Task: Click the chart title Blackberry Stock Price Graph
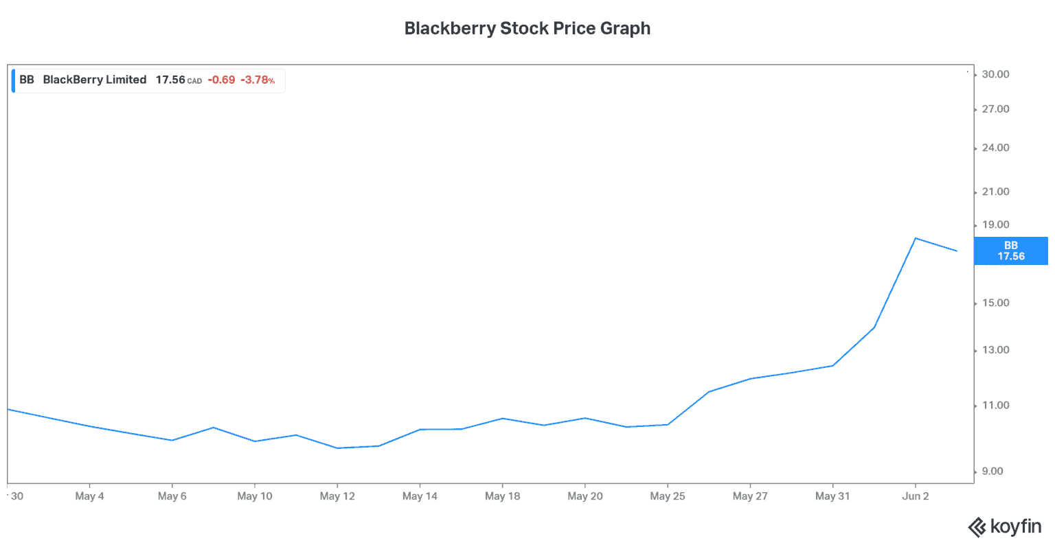(x=527, y=29)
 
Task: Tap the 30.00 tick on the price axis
(x=995, y=74)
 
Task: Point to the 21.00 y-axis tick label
(x=995, y=192)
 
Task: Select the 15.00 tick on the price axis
(x=995, y=303)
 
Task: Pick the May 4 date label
(x=89, y=496)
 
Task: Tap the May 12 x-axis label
(x=337, y=496)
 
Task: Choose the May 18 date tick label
(x=502, y=496)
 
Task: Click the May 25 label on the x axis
(x=668, y=496)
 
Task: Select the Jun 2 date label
(x=915, y=496)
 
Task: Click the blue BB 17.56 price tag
(x=1011, y=251)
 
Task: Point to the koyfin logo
(x=1005, y=527)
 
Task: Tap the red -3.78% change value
(x=258, y=80)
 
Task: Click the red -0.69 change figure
(x=221, y=80)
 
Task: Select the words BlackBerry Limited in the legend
(x=95, y=80)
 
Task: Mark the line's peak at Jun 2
(x=915, y=238)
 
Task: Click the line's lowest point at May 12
(x=337, y=448)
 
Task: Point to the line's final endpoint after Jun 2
(x=957, y=251)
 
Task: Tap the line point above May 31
(x=832, y=366)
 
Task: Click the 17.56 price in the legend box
(x=170, y=80)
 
